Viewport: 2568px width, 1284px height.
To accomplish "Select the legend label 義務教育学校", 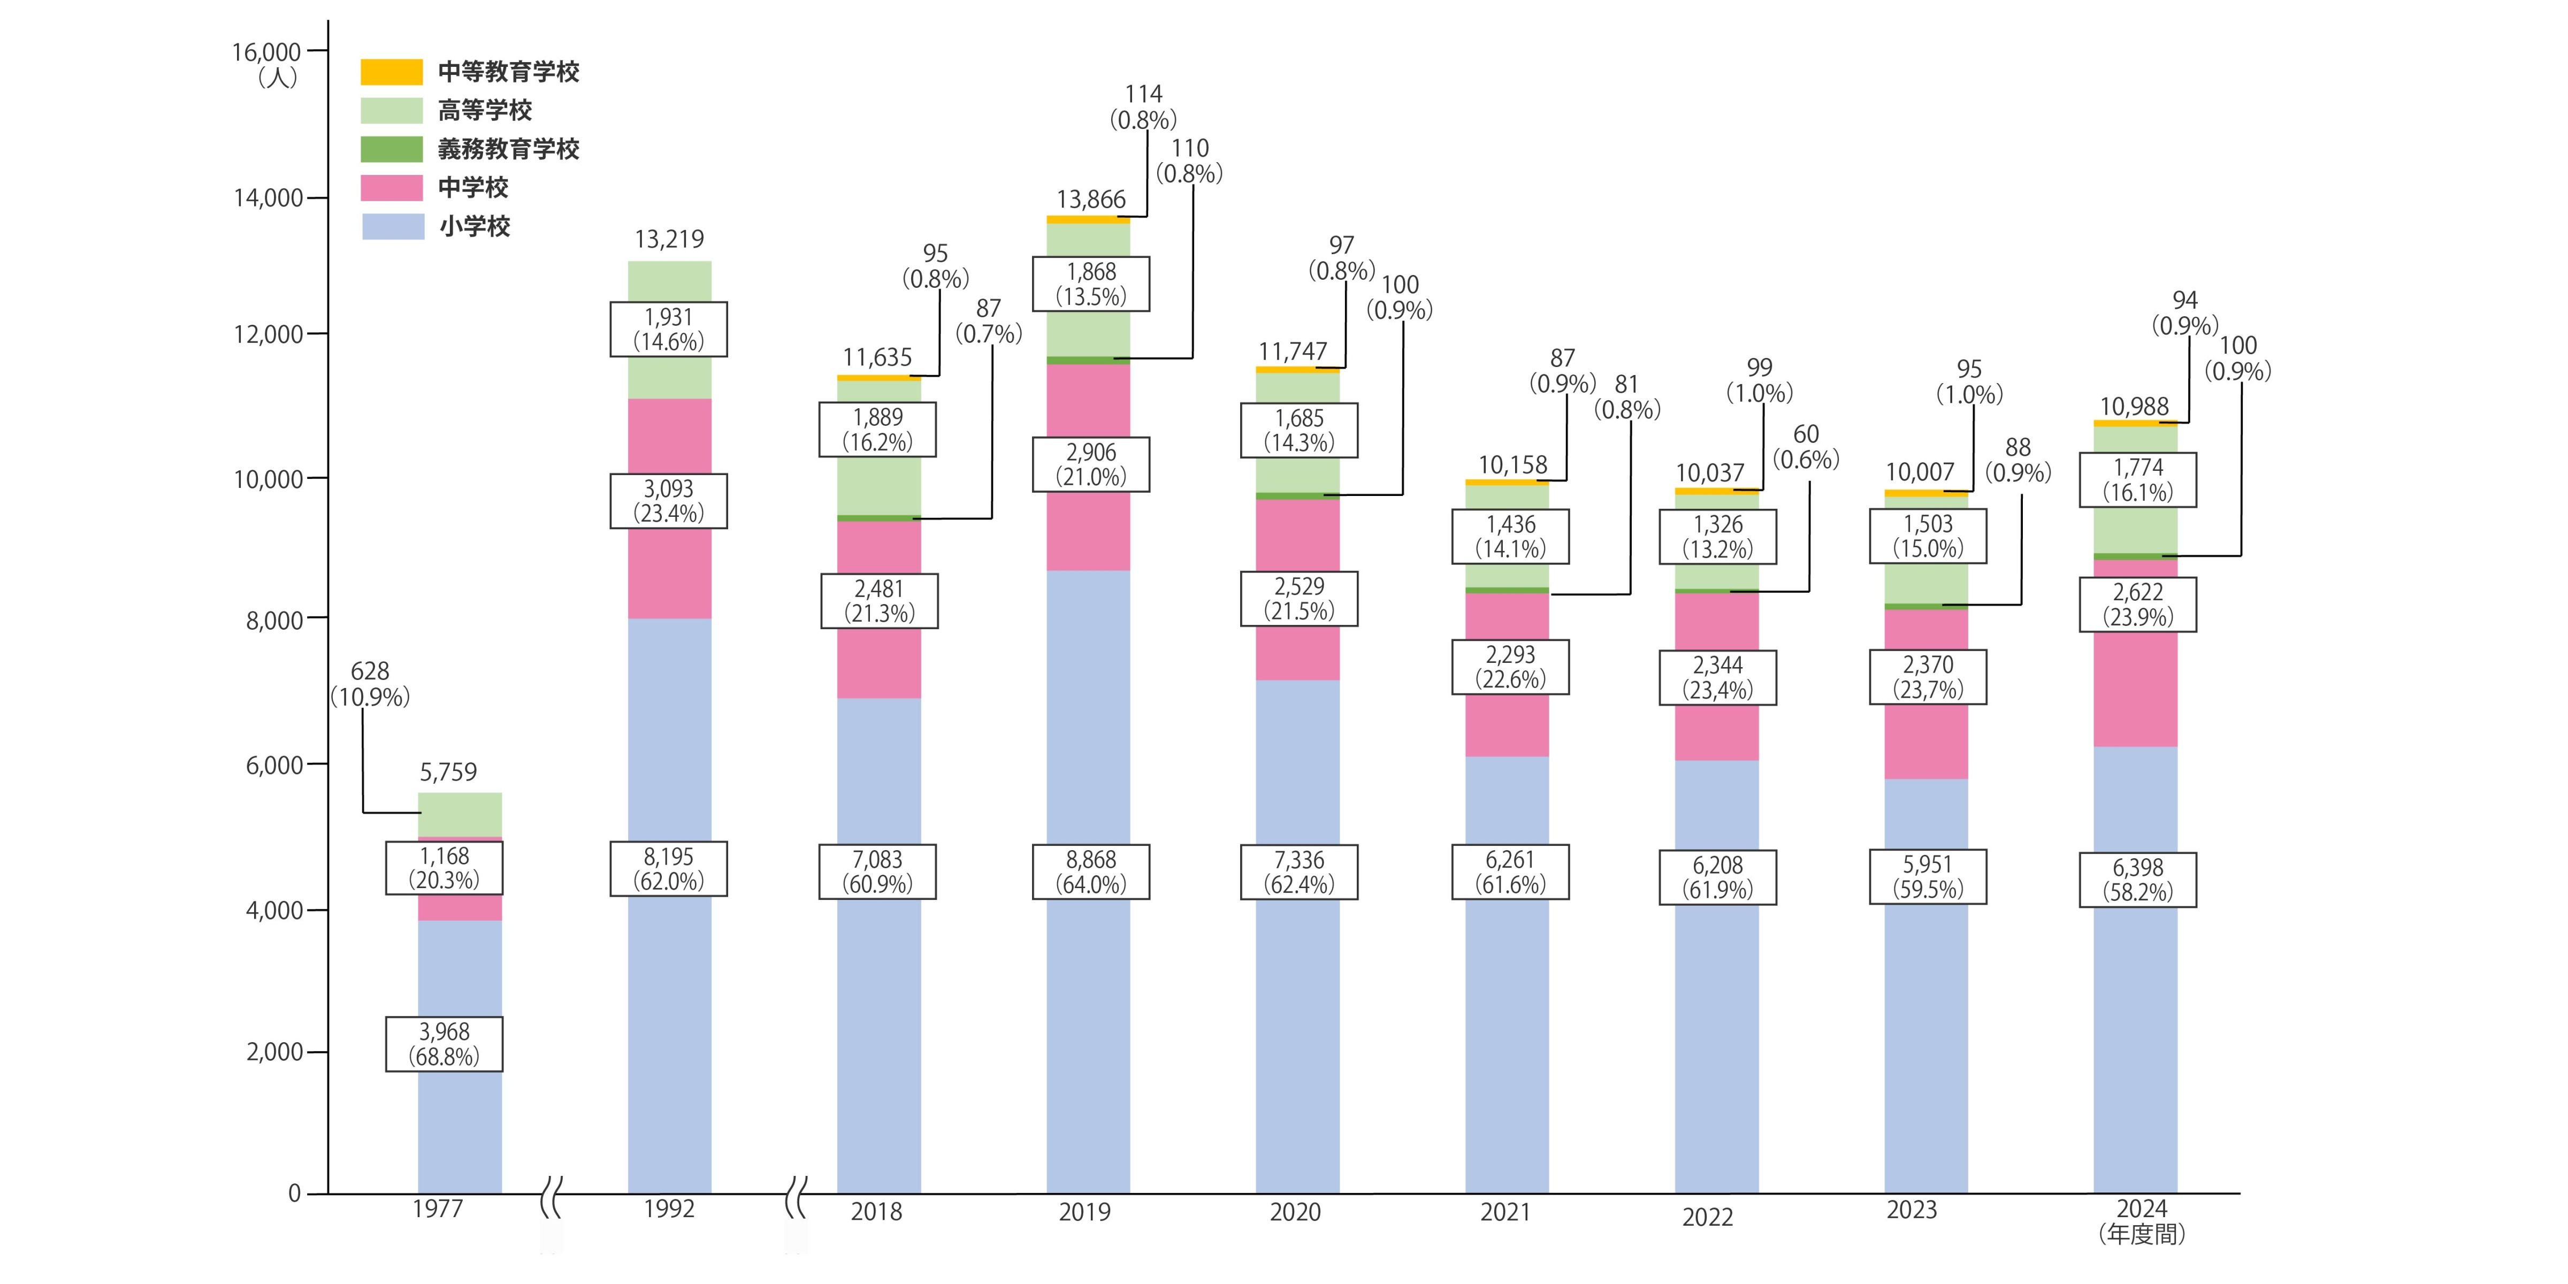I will coord(508,150).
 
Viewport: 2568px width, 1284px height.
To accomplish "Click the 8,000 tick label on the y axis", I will coord(274,620).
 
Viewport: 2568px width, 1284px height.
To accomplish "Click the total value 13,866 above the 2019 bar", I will coord(1091,200).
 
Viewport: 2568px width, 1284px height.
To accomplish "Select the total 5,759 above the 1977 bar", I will coord(448,771).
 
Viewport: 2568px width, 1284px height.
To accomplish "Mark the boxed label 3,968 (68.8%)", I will coord(444,1044).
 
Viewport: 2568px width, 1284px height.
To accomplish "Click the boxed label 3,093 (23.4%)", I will coord(668,500).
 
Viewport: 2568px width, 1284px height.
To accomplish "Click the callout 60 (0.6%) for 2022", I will coord(1806,447).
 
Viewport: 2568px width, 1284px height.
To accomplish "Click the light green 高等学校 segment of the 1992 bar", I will coord(669,379).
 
